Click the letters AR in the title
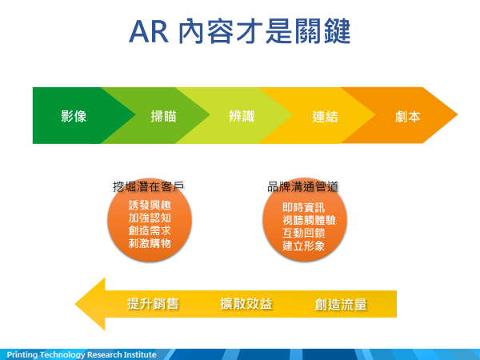click(x=149, y=32)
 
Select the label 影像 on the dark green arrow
click(x=74, y=116)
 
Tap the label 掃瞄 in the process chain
click(x=163, y=116)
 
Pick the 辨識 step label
click(x=242, y=116)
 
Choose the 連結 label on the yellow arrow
click(x=325, y=117)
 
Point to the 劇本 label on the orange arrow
click(x=408, y=117)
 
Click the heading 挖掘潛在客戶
click(x=149, y=186)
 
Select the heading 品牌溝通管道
click(x=303, y=186)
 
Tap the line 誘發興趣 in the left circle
click(x=150, y=205)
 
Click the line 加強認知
click(x=150, y=218)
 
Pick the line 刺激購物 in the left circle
click(x=150, y=243)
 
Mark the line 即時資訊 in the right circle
click(x=303, y=207)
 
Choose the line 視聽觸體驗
click(x=309, y=220)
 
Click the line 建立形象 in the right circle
click(x=303, y=246)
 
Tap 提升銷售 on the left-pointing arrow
click(x=153, y=304)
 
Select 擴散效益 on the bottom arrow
click(x=246, y=304)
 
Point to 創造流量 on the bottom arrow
click(x=341, y=304)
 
